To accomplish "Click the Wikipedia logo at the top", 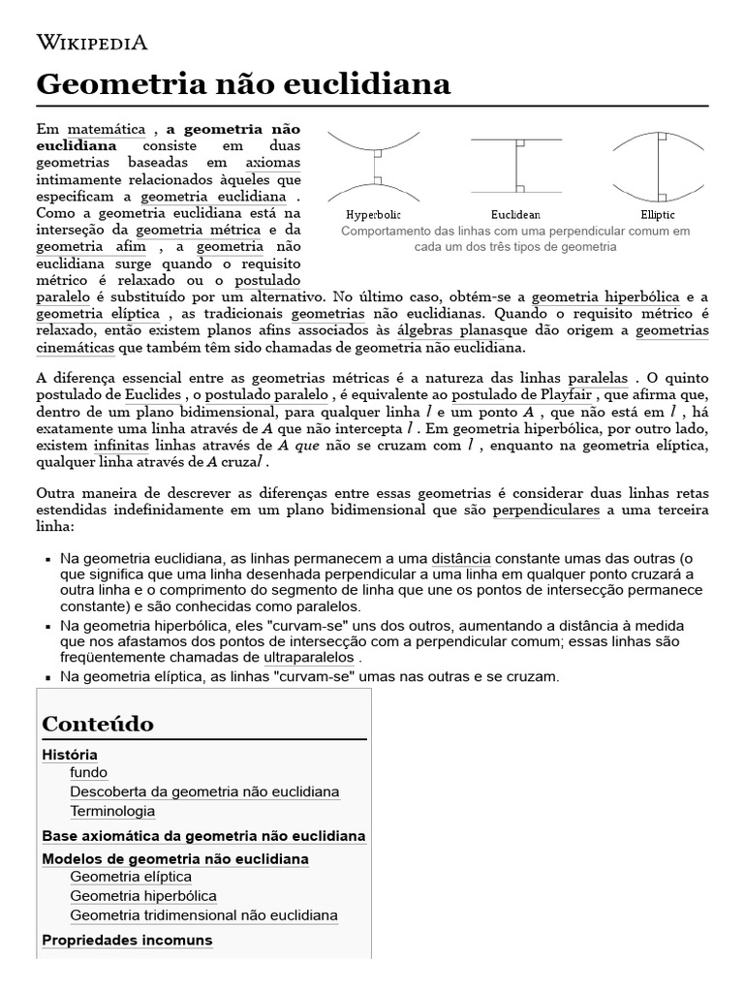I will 92,42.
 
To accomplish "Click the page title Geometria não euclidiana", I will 243,84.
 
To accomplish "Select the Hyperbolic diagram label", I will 373,214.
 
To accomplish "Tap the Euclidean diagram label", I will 515,214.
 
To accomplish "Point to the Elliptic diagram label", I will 658,214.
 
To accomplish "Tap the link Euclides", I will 152,395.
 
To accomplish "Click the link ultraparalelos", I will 301,657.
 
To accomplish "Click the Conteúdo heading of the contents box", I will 98,724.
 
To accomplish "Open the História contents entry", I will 70,755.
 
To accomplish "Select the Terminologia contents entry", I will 112,811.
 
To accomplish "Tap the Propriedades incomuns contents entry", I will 127,940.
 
